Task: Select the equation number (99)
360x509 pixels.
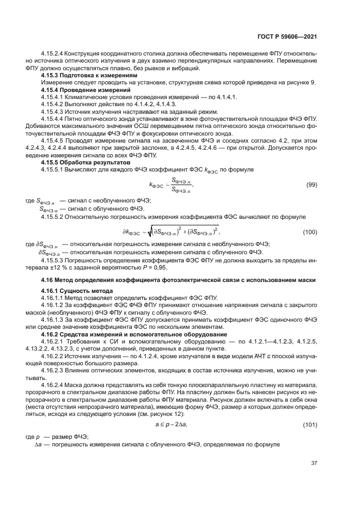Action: click(312, 186)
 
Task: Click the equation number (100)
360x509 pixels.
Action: click(310, 232)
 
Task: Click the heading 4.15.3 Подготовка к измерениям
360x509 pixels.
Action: click(86, 76)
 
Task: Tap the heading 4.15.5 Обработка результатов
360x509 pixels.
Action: click(86, 163)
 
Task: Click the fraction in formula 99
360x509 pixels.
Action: click(180, 186)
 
